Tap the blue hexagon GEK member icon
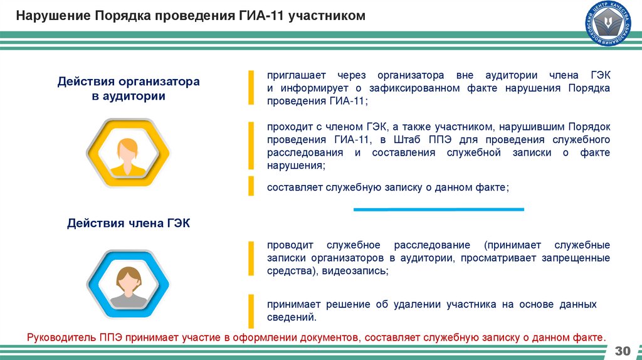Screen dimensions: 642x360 (129, 283)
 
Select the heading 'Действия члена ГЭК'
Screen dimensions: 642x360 (128, 223)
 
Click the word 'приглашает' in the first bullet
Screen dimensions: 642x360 (294, 75)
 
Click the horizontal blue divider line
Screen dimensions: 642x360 (439, 209)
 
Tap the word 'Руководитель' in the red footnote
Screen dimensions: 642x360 (61, 337)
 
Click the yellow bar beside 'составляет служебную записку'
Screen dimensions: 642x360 (251, 186)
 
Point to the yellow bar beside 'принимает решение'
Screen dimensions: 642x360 (251, 310)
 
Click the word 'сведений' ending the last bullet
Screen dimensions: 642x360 (287, 318)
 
